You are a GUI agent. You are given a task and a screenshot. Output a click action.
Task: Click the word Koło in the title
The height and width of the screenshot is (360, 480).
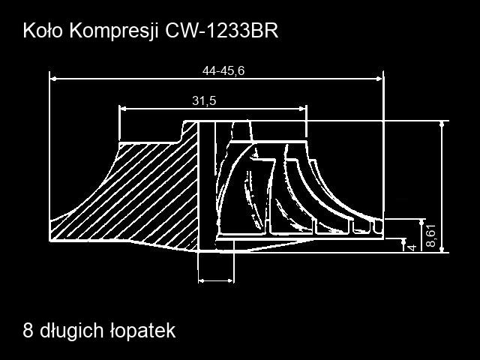[43, 30]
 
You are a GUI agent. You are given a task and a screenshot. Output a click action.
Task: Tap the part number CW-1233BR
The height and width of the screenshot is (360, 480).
[222, 31]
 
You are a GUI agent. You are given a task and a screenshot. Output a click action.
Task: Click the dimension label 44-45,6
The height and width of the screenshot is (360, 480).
[223, 71]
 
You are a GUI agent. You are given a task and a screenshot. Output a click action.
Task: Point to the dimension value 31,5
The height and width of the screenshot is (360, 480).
[204, 100]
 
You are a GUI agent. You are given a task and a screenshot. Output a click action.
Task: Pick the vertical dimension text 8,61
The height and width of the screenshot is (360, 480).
[430, 235]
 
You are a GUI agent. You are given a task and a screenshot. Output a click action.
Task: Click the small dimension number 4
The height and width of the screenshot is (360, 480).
[412, 247]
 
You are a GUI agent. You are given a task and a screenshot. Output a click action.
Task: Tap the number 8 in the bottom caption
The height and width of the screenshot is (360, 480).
[28, 331]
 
